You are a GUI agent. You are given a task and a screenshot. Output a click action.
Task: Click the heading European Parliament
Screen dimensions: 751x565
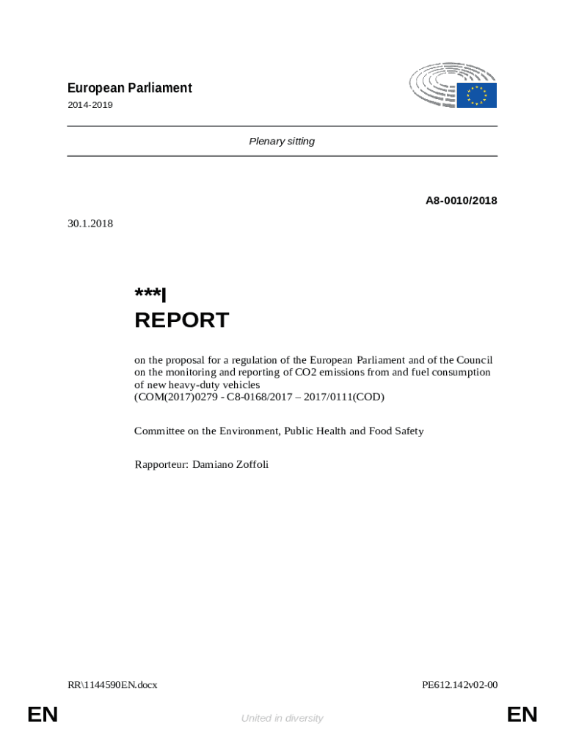pyautogui.click(x=129, y=88)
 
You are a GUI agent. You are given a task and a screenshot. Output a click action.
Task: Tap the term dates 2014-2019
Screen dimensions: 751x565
pyautogui.click(x=90, y=105)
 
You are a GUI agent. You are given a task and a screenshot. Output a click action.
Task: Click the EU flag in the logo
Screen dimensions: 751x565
pyautogui.click(x=477, y=95)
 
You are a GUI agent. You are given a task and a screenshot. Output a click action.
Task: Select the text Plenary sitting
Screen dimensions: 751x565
pyautogui.click(x=282, y=141)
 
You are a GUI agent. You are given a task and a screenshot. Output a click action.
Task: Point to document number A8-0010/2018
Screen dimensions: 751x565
pyautogui.click(x=462, y=200)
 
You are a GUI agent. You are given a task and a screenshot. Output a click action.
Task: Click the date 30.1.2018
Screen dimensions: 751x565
pyautogui.click(x=90, y=223)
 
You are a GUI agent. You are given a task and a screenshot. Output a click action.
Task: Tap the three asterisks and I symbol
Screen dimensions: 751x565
pyautogui.click(x=150, y=295)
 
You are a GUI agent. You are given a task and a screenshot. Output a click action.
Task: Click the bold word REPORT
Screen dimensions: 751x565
pyautogui.click(x=181, y=320)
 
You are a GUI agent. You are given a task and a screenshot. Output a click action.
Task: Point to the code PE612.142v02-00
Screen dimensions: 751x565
pyautogui.click(x=460, y=685)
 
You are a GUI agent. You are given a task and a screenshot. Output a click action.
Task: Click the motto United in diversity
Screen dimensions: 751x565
pyautogui.click(x=282, y=718)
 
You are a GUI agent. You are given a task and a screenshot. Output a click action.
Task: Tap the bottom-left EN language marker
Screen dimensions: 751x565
pyautogui.click(x=43, y=714)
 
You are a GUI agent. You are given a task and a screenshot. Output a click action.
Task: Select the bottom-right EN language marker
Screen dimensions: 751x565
pyautogui.click(x=522, y=714)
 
